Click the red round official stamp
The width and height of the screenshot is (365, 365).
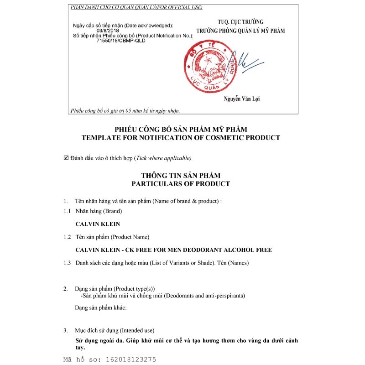coord(207,70)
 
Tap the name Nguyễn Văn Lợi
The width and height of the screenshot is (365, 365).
coord(242,99)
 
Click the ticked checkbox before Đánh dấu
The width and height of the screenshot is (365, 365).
coord(66,158)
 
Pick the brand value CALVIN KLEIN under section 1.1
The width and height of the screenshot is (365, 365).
coord(97,224)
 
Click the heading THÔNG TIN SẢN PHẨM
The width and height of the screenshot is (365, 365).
coord(181,176)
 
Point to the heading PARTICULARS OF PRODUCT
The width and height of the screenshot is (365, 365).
coord(181,184)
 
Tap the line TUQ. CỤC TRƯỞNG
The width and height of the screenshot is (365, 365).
coord(240,22)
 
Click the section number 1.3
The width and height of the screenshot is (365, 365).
coord(67,263)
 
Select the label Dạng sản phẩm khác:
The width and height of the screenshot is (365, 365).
coord(100,308)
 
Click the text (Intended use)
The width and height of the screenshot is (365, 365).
coord(137,330)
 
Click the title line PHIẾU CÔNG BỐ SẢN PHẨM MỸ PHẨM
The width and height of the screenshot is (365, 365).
coord(181,130)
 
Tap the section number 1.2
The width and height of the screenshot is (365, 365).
coord(67,237)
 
